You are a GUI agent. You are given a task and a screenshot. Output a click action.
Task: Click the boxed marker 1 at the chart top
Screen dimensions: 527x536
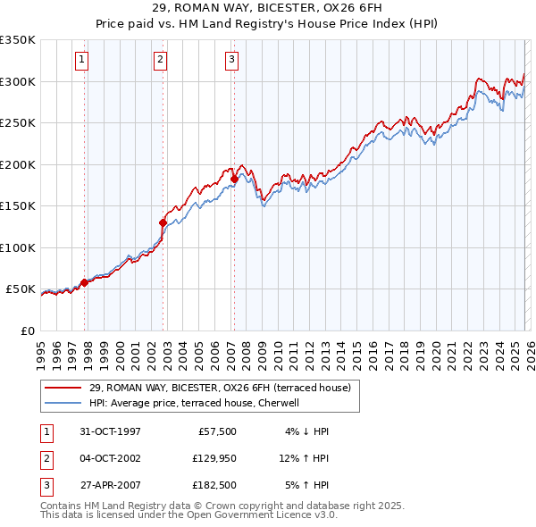pyautogui.click(x=81, y=60)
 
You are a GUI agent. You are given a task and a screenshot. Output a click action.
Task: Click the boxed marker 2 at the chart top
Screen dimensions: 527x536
pyautogui.click(x=160, y=60)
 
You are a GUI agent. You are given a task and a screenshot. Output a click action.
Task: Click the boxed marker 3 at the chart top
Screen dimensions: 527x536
pyautogui.click(x=231, y=60)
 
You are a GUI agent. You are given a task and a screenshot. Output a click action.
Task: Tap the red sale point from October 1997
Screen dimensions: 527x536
pyautogui.click(x=85, y=282)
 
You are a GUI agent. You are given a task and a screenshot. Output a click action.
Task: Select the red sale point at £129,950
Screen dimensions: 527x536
pyautogui.click(x=163, y=222)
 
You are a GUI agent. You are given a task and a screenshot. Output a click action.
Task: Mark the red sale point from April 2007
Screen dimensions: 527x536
pyautogui.click(x=234, y=179)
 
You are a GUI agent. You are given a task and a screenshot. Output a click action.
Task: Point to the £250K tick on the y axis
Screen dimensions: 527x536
pyautogui.click(x=18, y=122)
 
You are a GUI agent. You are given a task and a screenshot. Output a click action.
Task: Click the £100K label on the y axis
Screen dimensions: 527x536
pyautogui.click(x=18, y=247)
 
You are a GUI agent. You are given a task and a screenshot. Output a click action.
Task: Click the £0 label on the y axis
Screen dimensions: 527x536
pyautogui.click(x=27, y=330)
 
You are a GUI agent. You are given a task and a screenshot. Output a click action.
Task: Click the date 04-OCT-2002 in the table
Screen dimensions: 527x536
pyautogui.click(x=110, y=458)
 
